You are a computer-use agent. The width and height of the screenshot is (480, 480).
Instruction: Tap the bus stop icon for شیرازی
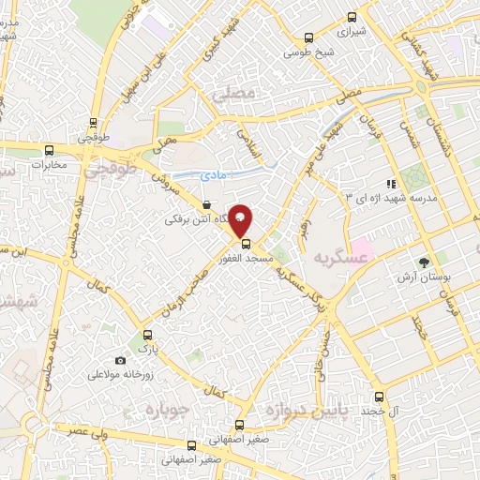[352, 16]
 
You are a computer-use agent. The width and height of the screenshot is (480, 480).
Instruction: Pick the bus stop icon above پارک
[145, 335]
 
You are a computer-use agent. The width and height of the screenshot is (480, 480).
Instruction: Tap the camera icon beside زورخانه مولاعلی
[120, 361]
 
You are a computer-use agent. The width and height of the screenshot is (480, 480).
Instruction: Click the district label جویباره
[169, 410]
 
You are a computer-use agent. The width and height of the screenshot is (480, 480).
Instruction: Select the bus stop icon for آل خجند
[379, 397]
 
